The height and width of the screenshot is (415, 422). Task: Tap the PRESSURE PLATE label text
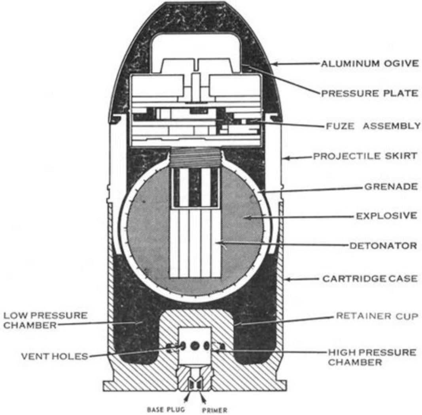coord(369,93)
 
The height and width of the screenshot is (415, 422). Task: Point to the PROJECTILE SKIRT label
coord(365,157)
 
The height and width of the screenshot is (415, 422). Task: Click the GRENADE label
coord(390,187)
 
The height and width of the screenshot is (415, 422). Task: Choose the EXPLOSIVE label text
coord(386,216)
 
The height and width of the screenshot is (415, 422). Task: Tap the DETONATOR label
coord(382,246)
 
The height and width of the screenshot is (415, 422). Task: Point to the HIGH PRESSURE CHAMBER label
coord(371,357)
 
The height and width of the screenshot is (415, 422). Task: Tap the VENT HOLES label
coord(54,356)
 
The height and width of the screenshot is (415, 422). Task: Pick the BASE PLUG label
coord(166,410)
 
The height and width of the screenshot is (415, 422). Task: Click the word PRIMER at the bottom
coord(215,410)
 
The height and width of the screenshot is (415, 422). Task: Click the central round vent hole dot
coord(195,345)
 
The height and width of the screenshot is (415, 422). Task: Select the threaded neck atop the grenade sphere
coord(194,158)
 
